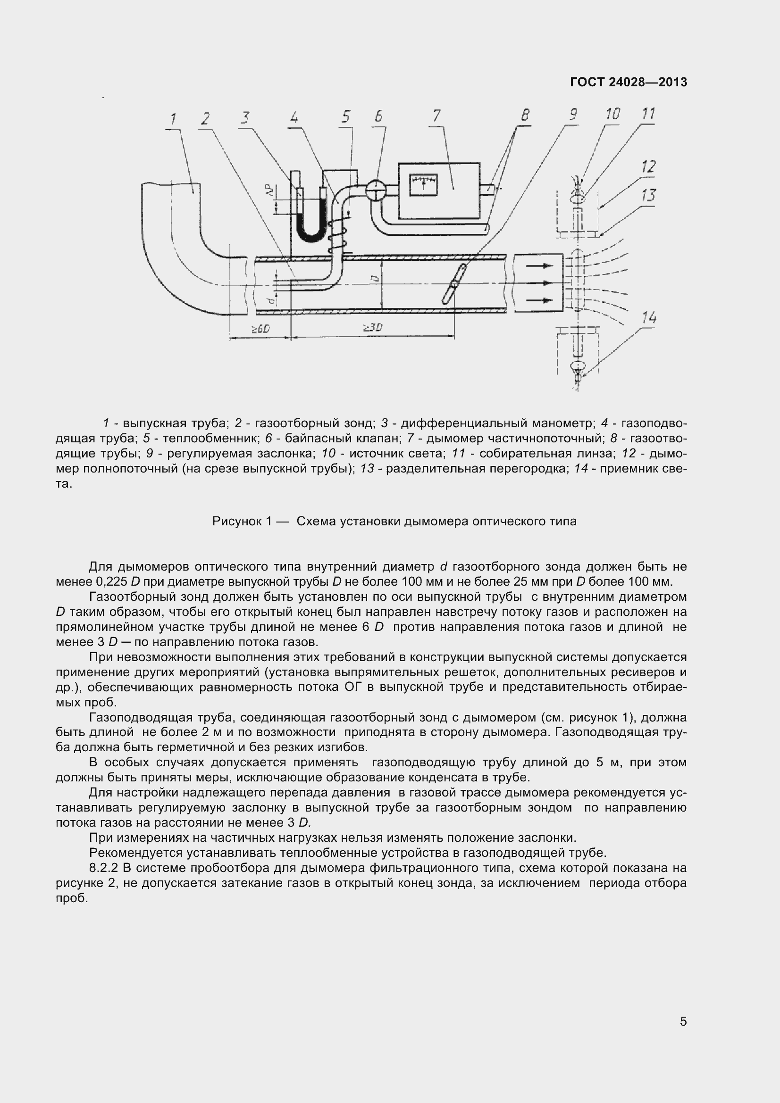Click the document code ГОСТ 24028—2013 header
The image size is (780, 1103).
pos(629,82)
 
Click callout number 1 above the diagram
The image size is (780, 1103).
pos(173,119)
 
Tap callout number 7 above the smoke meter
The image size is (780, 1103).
pos(436,116)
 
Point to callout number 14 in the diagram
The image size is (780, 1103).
pos(649,317)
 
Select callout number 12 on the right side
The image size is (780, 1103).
pos(648,166)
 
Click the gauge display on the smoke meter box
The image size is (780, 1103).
pos(423,185)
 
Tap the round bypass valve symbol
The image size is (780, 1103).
pos(376,190)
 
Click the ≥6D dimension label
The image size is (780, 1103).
pos(260,329)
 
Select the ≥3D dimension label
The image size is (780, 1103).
pos(372,328)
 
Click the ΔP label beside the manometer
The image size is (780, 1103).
pos(271,191)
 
